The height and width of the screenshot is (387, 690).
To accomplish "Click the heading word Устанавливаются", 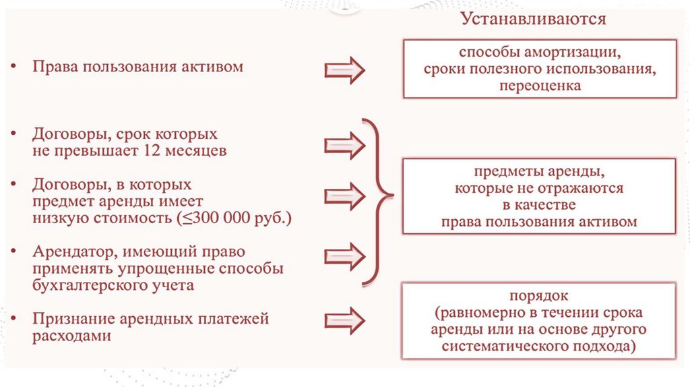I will point(533,19).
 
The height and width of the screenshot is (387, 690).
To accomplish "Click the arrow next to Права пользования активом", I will point(344,70).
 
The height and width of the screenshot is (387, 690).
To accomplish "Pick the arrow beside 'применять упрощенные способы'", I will point(344,256).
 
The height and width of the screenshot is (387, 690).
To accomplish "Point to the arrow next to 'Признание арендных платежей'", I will point(344,320).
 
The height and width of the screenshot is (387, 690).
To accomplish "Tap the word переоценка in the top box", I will point(540,86).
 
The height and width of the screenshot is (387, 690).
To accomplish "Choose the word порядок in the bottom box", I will point(539,296).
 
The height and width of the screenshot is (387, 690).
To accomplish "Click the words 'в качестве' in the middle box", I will point(539,205).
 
